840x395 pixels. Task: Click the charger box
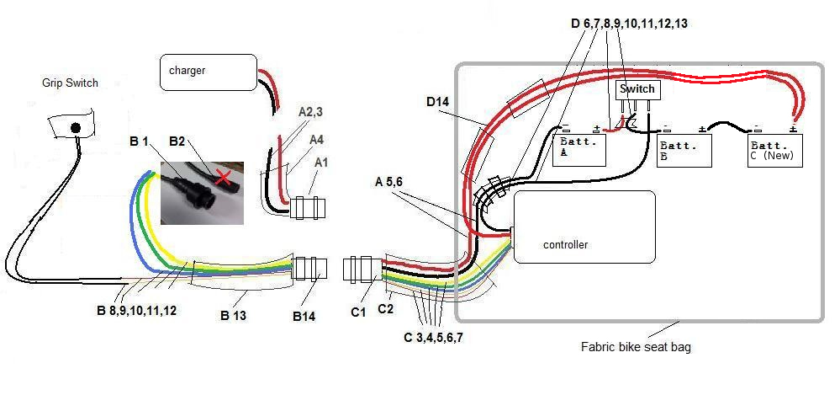[208, 72]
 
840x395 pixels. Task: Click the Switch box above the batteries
[637, 88]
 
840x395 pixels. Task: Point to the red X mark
[222, 176]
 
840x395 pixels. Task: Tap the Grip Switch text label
[70, 83]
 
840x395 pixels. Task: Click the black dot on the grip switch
[75, 127]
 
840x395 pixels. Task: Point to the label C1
[359, 312]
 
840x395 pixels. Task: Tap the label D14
[439, 103]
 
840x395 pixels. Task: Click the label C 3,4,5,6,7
[434, 338]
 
